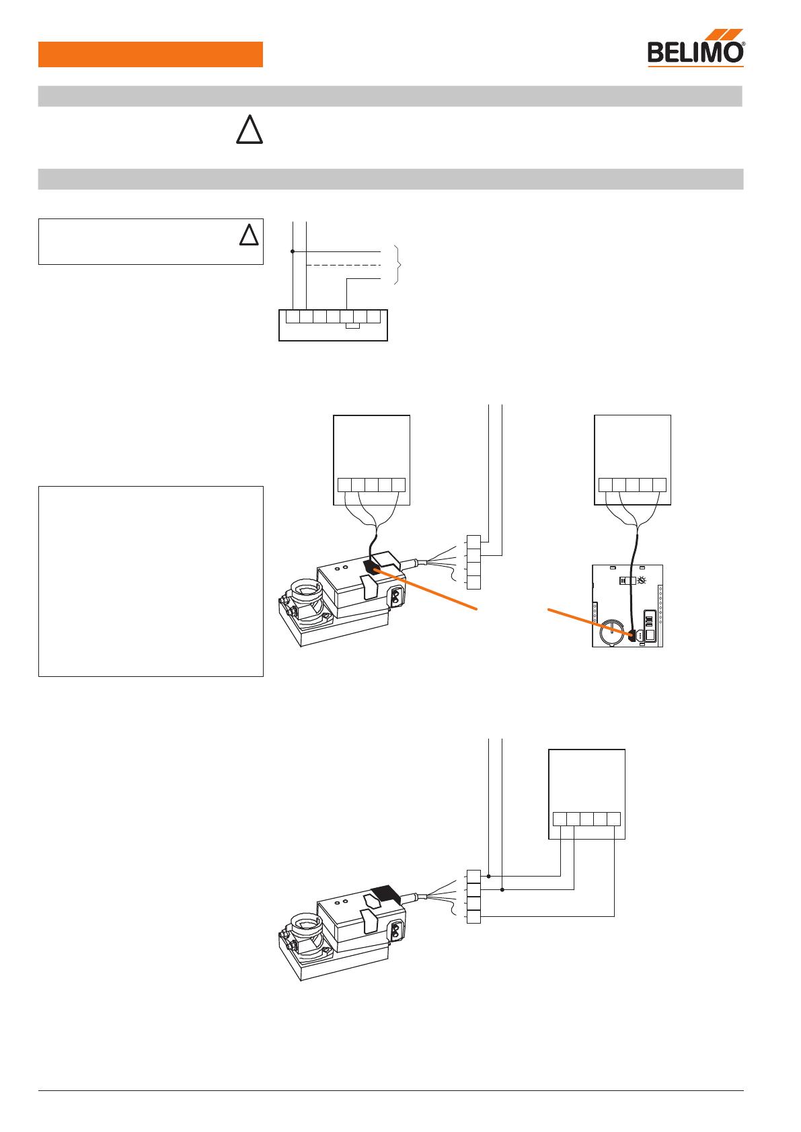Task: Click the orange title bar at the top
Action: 150,54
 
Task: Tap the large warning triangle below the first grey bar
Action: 250,129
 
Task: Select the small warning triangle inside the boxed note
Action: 249,235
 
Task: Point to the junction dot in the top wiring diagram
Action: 293,251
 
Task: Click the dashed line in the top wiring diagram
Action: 344,265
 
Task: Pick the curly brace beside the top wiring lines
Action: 398,265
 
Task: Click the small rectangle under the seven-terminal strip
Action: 352,326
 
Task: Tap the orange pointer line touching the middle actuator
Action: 425,590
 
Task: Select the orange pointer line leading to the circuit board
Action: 590,622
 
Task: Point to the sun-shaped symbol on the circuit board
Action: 642,581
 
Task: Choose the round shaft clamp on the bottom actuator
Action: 305,924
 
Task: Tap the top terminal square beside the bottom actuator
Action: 473,877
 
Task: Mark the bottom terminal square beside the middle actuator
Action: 473,582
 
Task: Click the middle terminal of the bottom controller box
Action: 586,819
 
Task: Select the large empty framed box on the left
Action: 151,581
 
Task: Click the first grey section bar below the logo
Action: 390,96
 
